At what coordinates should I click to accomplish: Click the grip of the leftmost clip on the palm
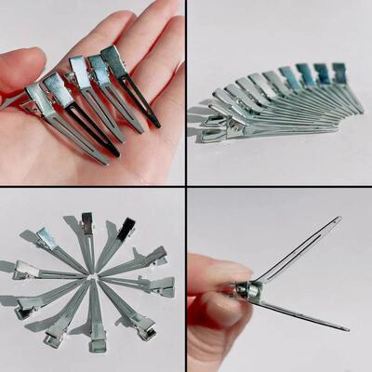[37, 97]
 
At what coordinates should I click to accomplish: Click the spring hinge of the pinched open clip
[246, 291]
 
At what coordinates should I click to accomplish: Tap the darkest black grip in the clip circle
[126, 226]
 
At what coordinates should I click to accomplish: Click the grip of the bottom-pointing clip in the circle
[97, 340]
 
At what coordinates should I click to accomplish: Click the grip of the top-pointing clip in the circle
[87, 222]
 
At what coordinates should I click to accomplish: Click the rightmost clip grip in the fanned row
[339, 72]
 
